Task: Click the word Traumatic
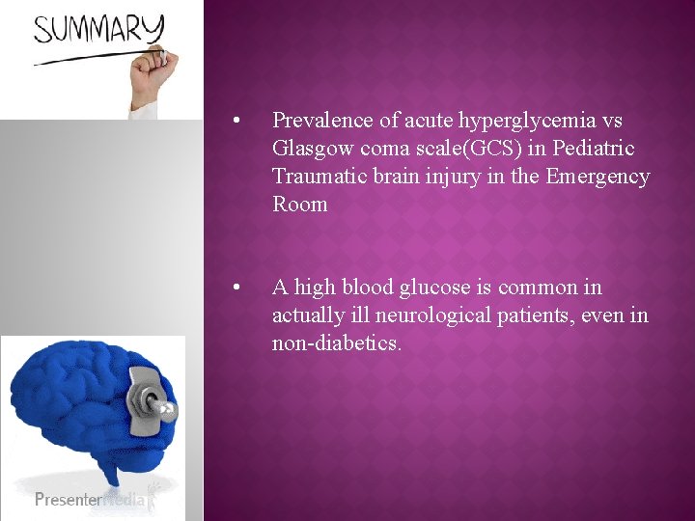pos(319,177)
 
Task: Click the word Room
pos(300,205)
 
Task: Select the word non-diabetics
pos(336,343)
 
